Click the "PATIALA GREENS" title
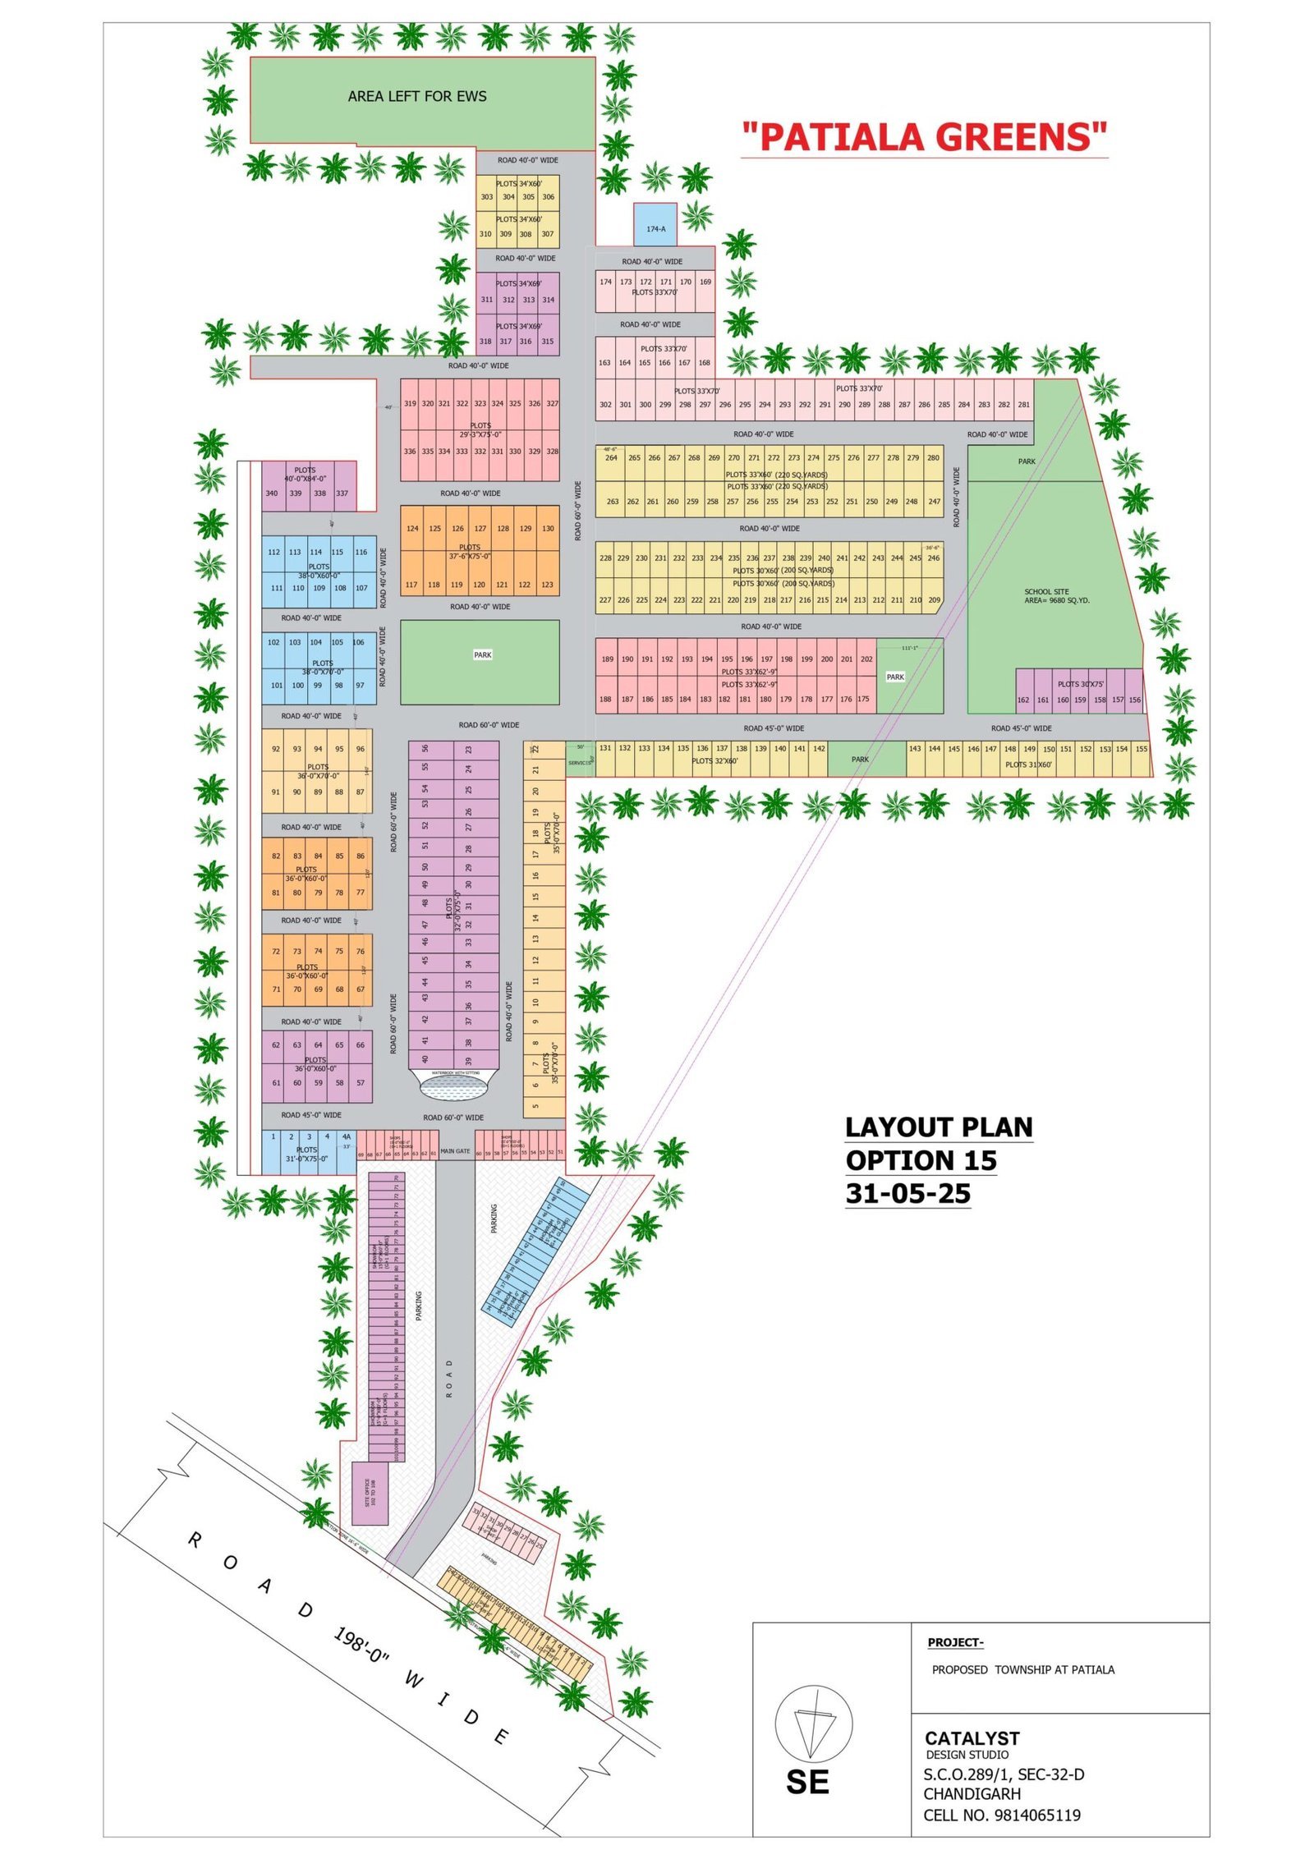pos(924,137)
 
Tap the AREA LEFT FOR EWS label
pos(416,97)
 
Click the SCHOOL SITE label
pos(1055,595)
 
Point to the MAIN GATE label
pos(455,1150)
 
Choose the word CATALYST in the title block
pos(972,1737)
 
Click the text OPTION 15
pos(921,1160)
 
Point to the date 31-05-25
pos(907,1193)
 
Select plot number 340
pos(272,493)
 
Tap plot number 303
pos(487,197)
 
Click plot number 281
pos(1023,404)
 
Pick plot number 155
pos(1141,749)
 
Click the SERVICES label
pos(579,763)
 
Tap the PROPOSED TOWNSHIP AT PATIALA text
pos(1022,1669)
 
